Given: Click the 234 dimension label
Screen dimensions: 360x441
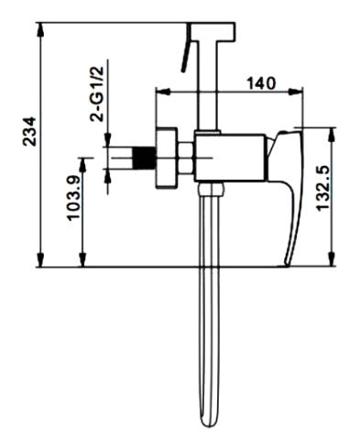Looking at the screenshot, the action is click(x=29, y=131).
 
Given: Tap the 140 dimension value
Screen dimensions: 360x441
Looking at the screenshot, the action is click(x=261, y=83).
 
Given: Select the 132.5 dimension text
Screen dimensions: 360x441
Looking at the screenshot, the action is click(x=322, y=188).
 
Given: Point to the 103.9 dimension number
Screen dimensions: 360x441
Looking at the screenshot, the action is click(x=73, y=198).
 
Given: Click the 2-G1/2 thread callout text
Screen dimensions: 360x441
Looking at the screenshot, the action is click(x=97, y=94).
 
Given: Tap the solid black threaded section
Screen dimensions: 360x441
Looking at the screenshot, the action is click(x=144, y=158).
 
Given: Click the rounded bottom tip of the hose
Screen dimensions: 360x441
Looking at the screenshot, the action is click(x=209, y=424).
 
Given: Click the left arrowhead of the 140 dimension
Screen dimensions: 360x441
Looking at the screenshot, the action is click(x=163, y=92).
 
